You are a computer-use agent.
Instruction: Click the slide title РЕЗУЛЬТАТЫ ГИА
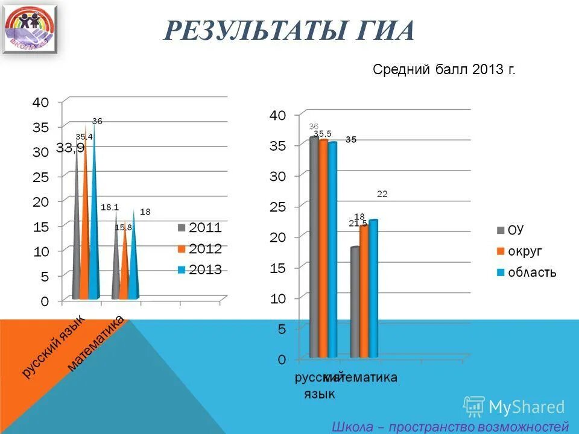[x=289, y=30]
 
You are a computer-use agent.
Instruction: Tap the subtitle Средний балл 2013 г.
[x=444, y=70]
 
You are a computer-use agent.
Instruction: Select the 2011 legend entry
[x=200, y=228]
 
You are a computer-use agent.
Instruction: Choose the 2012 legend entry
[x=200, y=248]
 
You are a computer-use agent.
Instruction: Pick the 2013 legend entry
[x=200, y=269]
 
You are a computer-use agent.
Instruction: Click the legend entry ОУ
[x=510, y=230]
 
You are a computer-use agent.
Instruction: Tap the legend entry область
[x=527, y=272]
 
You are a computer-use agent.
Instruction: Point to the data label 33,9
[x=70, y=148]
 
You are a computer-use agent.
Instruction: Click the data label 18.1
[x=110, y=207]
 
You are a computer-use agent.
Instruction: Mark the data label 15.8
[x=123, y=227]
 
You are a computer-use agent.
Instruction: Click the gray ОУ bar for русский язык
[x=314, y=247]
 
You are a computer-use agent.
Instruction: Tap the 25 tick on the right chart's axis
[x=279, y=206]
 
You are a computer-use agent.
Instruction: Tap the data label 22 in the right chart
[x=382, y=194]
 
